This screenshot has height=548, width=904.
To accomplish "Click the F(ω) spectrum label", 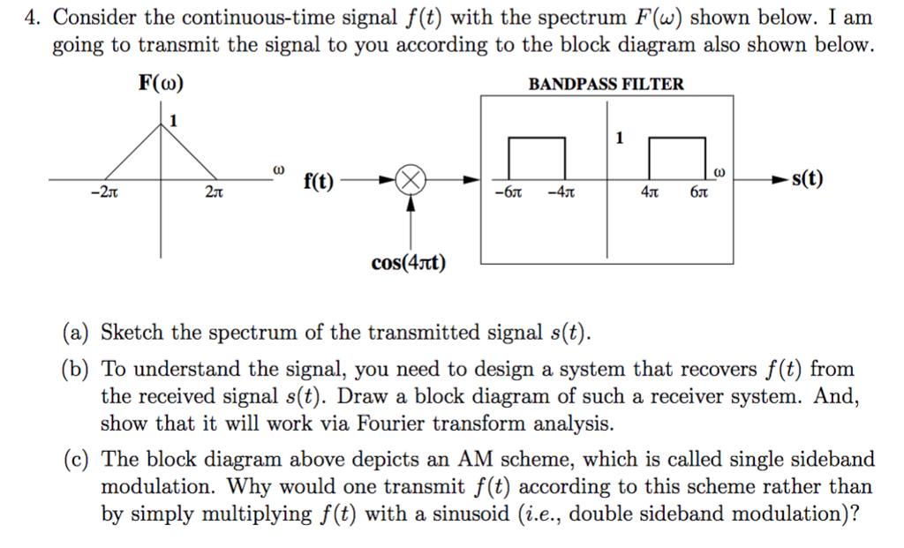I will click(x=161, y=84).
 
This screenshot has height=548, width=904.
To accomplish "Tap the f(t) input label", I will click(x=319, y=182).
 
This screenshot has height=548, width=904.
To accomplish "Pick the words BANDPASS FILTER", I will click(x=606, y=84).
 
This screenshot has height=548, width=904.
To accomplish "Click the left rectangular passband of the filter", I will click(x=536, y=159).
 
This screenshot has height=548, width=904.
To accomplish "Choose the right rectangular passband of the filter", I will click(x=677, y=159).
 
